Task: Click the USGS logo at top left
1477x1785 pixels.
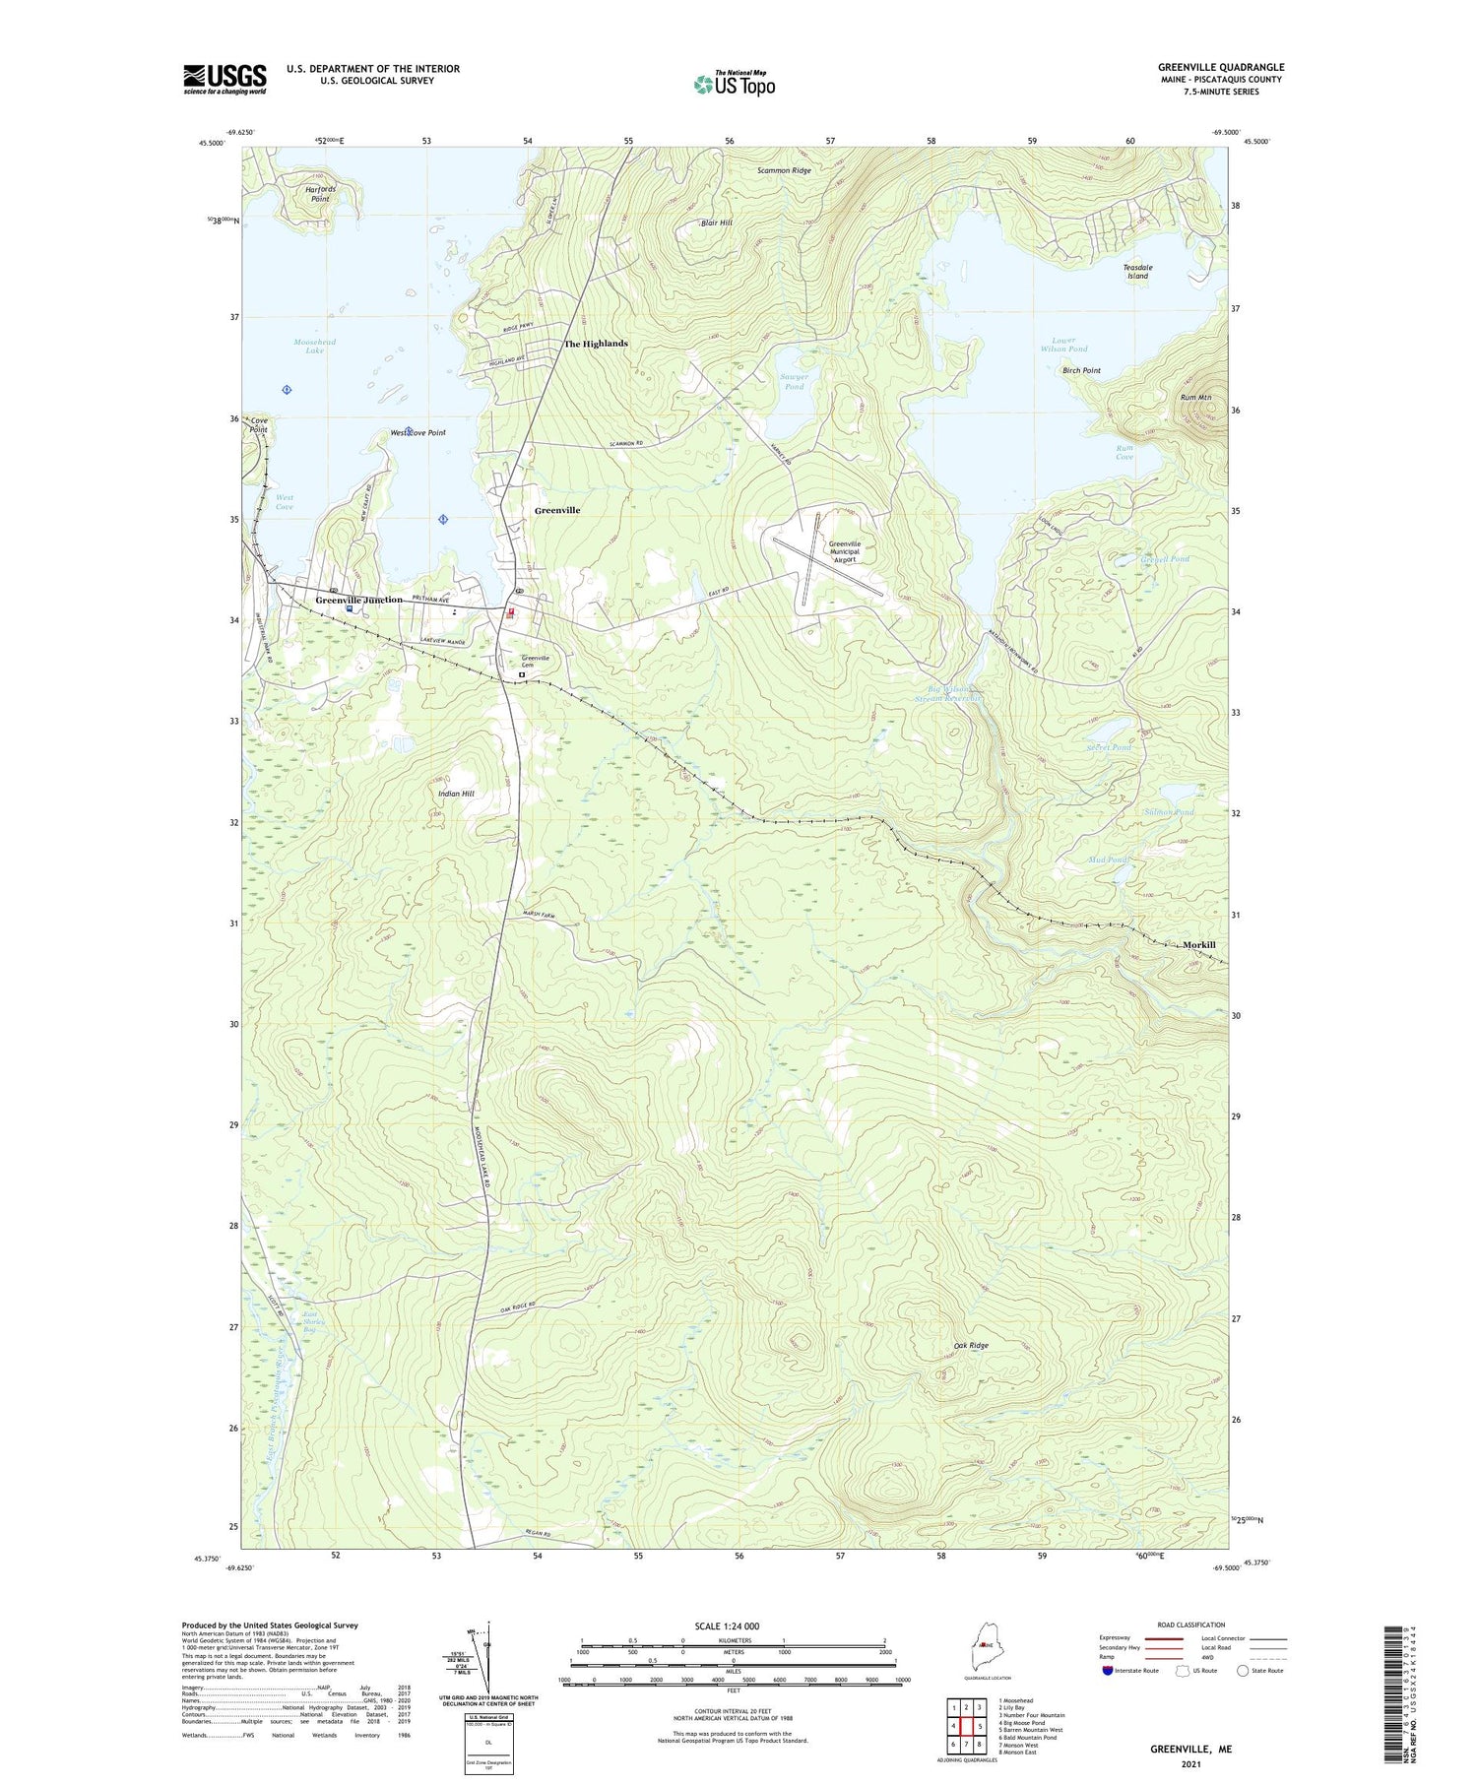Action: tap(225, 79)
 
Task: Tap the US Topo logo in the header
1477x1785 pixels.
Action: tap(735, 85)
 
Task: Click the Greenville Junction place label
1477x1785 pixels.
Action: tap(358, 600)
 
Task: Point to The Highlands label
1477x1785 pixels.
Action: tap(595, 344)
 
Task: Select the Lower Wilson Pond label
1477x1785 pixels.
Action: tap(1063, 345)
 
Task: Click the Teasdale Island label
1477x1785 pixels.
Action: tap(1137, 272)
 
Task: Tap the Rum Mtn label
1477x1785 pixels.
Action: tap(1195, 398)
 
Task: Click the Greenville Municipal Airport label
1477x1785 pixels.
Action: tap(844, 552)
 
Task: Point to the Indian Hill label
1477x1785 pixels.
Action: tap(456, 793)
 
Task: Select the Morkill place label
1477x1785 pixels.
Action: tap(1198, 944)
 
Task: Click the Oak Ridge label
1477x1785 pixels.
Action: tap(971, 1345)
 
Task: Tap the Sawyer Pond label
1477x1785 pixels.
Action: tap(794, 382)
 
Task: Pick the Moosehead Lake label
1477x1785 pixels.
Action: tap(314, 347)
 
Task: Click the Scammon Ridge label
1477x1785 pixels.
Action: tap(784, 171)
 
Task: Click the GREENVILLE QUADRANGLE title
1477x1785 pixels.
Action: tap(1220, 67)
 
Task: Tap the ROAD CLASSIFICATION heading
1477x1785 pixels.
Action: tap(1190, 1625)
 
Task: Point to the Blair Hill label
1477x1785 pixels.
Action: tap(716, 223)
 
